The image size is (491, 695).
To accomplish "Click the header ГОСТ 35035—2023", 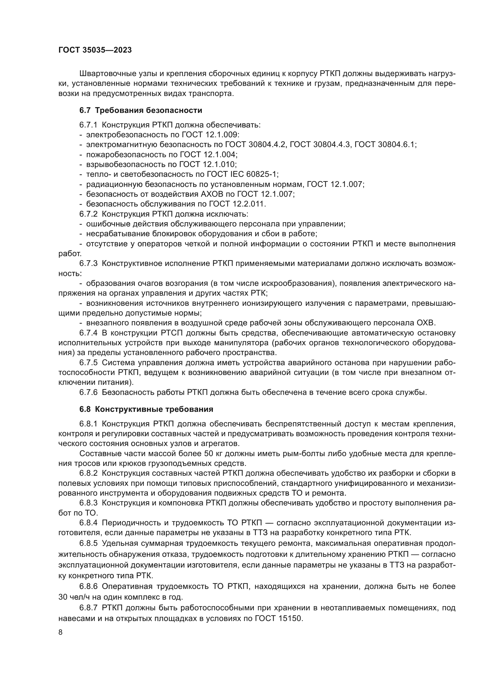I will tap(95, 50).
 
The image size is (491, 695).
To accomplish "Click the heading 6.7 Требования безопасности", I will tap(141, 111).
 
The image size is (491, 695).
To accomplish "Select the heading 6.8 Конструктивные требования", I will tap(146, 409).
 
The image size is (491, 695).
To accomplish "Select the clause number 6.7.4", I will tap(88, 333).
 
